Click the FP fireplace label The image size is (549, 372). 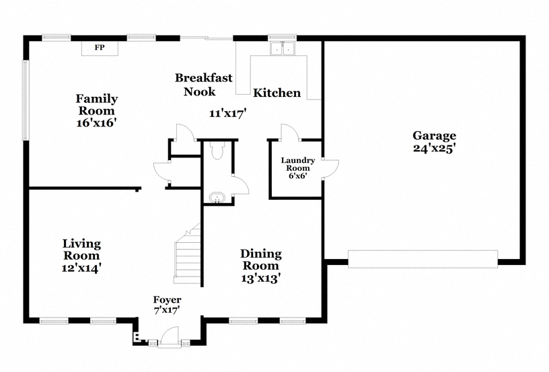100,48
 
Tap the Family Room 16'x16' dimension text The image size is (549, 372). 96,123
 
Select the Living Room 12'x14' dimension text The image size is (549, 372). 81,268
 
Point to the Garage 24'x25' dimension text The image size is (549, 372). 434,148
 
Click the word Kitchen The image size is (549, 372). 277,93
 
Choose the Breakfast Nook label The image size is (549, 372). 203,84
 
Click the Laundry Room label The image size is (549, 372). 298,163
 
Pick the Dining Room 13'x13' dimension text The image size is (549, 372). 261,278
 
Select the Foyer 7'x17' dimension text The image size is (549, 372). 167,310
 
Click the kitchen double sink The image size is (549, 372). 283,48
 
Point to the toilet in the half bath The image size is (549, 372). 217,150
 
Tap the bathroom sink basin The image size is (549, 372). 217,197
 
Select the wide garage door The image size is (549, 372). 423,259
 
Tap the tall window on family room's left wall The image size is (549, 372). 26,100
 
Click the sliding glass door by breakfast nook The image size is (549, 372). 207,38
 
